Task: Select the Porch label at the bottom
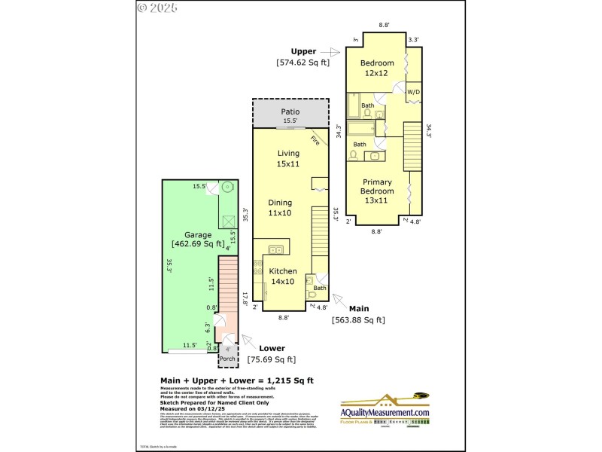227,359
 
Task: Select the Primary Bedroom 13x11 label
378,186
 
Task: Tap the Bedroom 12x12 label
378,67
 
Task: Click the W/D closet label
414,92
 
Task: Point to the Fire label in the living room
315,140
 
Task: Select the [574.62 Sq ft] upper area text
303,63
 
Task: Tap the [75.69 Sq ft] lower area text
272,360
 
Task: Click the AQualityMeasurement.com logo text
386,412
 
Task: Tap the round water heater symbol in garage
227,188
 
